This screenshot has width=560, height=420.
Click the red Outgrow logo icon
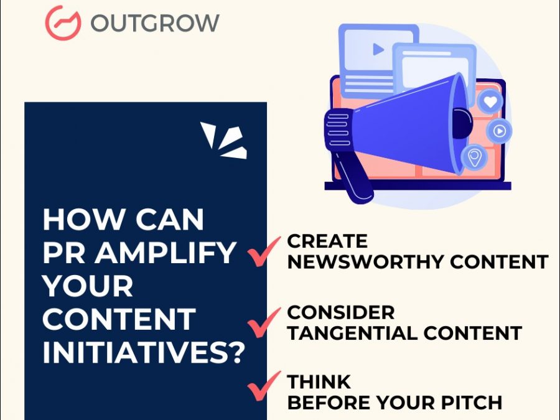pyautogui.click(x=63, y=23)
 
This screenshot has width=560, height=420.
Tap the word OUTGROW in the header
pyautogui.click(x=155, y=23)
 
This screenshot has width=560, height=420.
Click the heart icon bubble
pyautogui.click(x=490, y=102)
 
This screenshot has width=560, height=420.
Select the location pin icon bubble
pyautogui.click(x=474, y=157)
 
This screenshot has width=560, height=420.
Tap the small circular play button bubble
pyautogui.click(x=499, y=131)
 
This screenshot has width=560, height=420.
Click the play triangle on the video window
pyautogui.click(x=378, y=49)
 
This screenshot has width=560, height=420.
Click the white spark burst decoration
pyautogui.click(x=224, y=140)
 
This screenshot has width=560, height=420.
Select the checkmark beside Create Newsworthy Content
pyautogui.click(x=264, y=251)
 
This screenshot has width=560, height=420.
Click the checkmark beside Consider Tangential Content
pyautogui.click(x=264, y=322)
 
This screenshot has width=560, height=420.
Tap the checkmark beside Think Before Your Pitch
pyautogui.click(x=264, y=386)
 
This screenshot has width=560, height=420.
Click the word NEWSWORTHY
pyautogui.click(x=365, y=262)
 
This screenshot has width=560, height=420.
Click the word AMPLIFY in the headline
pyautogui.click(x=165, y=253)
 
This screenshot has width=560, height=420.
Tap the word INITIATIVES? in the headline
pyautogui.click(x=144, y=352)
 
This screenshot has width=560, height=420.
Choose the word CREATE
pyautogui.click(x=327, y=241)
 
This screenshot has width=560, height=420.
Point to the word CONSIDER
pyautogui.click(x=341, y=312)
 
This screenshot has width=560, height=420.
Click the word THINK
pyautogui.click(x=319, y=382)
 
